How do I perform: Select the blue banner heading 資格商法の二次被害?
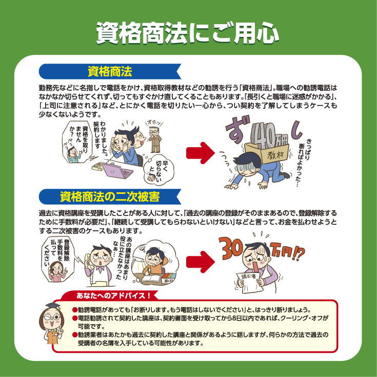(x=110, y=196)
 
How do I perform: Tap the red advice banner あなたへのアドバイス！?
(x=113, y=295)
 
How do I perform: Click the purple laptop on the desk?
(x=117, y=170)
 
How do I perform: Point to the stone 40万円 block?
(x=269, y=135)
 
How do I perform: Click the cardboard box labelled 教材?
(x=267, y=153)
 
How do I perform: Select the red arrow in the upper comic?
(x=200, y=153)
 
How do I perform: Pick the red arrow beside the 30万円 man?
(x=200, y=262)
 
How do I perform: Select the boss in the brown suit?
(x=155, y=140)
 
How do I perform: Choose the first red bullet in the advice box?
(x=75, y=309)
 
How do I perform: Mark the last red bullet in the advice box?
(x=75, y=334)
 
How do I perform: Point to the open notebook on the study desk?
(x=151, y=279)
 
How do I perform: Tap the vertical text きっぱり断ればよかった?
(x=304, y=163)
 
